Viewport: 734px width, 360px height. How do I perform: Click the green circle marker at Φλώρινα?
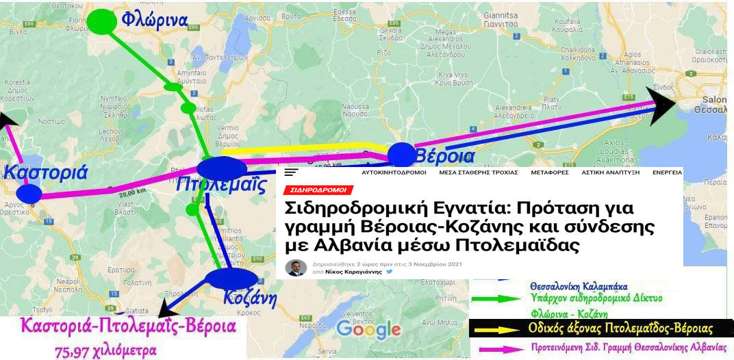[x=101, y=21]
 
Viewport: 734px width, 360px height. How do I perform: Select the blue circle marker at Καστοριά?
[x=29, y=192]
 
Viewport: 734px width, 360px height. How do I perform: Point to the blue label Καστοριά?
[x=45, y=171]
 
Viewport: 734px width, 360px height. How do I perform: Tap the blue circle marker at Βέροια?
[x=401, y=155]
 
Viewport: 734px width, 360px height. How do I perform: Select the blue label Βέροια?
[x=444, y=156]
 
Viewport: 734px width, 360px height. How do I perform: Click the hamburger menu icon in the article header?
[x=292, y=173]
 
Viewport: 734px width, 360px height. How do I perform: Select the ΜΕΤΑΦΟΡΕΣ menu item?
[x=549, y=172]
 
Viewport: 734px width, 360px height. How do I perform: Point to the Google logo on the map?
[x=368, y=330]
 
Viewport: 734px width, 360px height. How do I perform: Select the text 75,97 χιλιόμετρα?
[x=105, y=351]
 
